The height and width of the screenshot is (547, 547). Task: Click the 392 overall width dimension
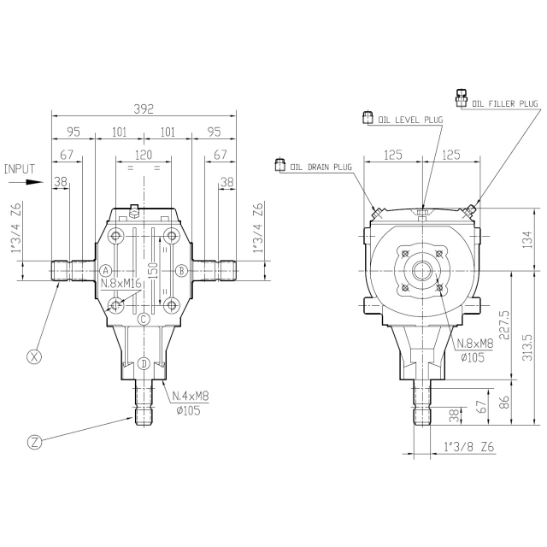[144, 109]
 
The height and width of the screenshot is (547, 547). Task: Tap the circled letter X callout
[34, 356]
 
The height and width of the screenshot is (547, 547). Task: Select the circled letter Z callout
[34, 443]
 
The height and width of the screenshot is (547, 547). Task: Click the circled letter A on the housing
[105, 270]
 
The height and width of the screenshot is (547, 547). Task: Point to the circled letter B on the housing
[181, 270]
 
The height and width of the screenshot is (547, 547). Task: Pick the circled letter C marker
[144, 319]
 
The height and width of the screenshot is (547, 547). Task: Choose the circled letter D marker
[144, 363]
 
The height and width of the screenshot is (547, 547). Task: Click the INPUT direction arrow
[26, 182]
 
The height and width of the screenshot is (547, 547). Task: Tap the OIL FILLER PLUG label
[505, 103]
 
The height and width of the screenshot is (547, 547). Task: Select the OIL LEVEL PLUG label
[410, 120]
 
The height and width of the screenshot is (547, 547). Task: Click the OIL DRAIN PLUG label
[321, 167]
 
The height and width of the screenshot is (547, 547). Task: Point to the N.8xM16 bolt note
[121, 283]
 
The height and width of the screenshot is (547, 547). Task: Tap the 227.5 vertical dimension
[503, 325]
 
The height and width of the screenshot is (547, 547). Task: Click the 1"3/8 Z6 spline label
[469, 446]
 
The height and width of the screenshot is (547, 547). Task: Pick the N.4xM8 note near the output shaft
[191, 396]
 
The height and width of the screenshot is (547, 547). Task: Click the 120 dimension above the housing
[144, 155]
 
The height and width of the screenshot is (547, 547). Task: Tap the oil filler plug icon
[462, 98]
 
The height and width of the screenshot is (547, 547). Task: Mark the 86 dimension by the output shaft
[503, 402]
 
